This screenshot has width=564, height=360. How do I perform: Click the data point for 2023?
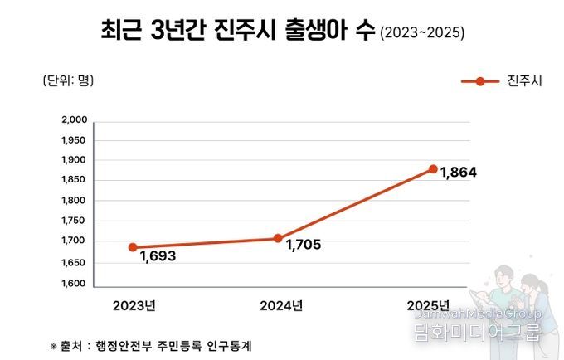[x=133, y=247]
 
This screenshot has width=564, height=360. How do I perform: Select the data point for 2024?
[x=278, y=238]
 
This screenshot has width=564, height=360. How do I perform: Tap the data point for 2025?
[x=433, y=169]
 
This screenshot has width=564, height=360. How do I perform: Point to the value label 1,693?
[x=158, y=256]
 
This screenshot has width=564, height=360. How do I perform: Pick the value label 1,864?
[x=459, y=173]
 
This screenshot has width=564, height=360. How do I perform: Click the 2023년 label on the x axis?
[x=134, y=304]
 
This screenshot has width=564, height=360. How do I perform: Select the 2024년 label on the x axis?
[x=280, y=304]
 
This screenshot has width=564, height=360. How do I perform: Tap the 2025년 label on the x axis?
[x=428, y=304]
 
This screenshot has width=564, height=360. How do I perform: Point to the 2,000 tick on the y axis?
[x=75, y=120]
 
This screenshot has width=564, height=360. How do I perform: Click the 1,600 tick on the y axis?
[x=75, y=283]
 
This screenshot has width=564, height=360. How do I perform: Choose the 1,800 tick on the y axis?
[x=75, y=201]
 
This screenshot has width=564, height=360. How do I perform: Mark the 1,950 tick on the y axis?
[x=75, y=140]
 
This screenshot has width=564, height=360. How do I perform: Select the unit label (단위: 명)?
[x=68, y=80]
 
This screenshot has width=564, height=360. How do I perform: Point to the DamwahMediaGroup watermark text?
[x=479, y=314]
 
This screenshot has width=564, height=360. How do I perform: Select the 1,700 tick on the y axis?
[x=75, y=241]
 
